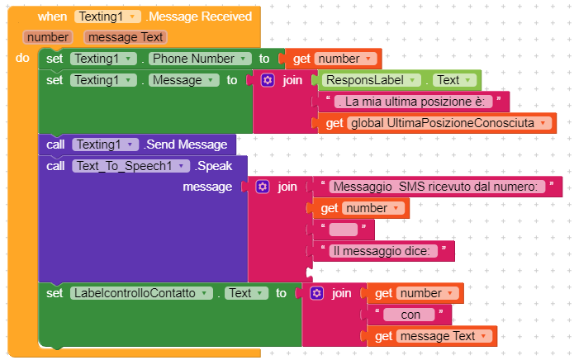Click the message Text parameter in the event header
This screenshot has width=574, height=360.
[x=125, y=37]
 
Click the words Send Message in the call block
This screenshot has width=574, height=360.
[x=185, y=144]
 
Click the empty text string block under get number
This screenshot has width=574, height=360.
[x=343, y=230]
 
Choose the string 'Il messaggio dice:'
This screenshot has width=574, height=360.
[x=385, y=251]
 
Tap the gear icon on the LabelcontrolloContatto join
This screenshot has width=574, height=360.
[x=316, y=293]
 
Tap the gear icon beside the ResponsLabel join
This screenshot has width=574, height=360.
[x=267, y=80]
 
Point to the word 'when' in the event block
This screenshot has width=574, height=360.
[x=53, y=17]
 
